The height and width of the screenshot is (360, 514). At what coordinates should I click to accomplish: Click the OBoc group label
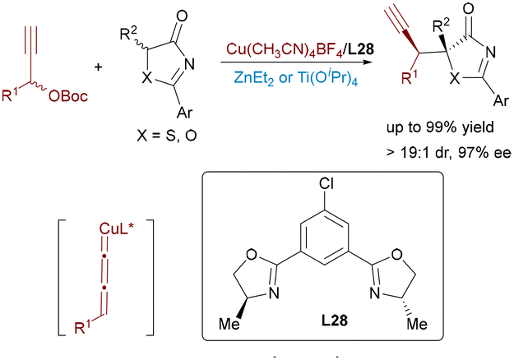pyautogui.click(x=68, y=96)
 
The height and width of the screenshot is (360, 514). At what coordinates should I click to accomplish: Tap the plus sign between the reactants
pyautogui.click(x=98, y=67)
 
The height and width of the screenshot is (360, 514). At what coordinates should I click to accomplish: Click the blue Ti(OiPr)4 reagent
pyautogui.click(x=327, y=78)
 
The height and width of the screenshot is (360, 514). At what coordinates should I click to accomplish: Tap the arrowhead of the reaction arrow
pyautogui.click(x=370, y=62)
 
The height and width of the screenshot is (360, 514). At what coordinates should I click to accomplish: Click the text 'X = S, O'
pyautogui.click(x=167, y=135)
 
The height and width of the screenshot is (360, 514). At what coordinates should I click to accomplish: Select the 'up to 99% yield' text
pyautogui.click(x=440, y=127)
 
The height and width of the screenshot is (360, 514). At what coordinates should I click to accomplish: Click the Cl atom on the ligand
pyautogui.click(x=326, y=184)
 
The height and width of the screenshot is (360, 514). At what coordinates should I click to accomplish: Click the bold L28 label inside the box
pyautogui.click(x=334, y=320)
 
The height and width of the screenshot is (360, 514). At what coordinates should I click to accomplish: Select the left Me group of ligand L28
pyautogui.click(x=229, y=324)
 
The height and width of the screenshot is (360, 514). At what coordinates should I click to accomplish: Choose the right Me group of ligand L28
pyautogui.click(x=417, y=324)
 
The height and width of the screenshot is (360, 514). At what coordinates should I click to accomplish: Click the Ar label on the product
pyautogui.click(x=501, y=100)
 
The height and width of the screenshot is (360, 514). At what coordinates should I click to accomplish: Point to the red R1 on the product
pyautogui.click(x=410, y=77)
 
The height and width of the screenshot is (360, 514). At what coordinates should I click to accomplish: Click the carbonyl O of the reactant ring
pyautogui.click(x=182, y=16)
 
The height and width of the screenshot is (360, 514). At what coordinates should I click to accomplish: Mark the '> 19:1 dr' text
pyautogui.click(x=419, y=153)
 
